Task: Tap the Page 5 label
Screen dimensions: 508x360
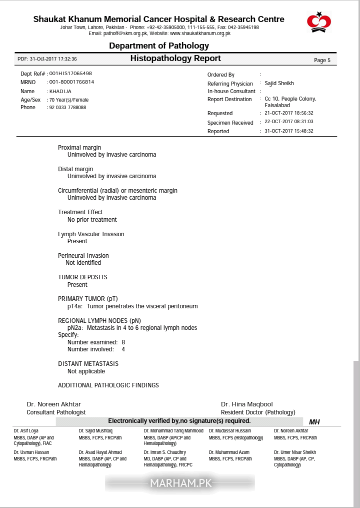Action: pos(322,60)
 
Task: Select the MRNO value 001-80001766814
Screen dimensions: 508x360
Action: pos(71,82)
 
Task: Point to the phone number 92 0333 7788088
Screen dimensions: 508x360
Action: pos(67,108)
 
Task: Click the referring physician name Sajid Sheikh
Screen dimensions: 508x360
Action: pos(279,84)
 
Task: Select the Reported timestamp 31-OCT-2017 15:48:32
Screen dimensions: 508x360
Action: pos(288,131)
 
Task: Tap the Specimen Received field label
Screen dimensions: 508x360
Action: pos(230,123)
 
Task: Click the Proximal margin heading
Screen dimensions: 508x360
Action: pos(79,148)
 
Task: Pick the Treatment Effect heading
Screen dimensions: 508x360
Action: pos(80,212)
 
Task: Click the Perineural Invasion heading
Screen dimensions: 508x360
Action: pos(83,256)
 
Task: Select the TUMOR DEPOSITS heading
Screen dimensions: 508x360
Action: pos(82,277)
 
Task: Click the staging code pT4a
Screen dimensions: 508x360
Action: pos(75,306)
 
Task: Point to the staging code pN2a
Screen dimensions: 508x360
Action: pos(75,328)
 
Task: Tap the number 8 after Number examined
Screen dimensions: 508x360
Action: pos(123,342)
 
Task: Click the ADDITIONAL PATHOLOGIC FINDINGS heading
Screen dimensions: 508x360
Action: pos(108,385)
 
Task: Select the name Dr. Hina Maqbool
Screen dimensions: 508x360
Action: pos(247,404)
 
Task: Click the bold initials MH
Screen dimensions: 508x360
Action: pos(314,422)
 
